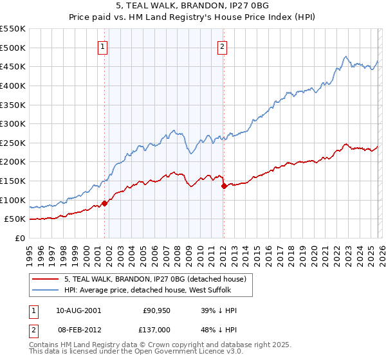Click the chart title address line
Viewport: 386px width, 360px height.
(x=193, y=7)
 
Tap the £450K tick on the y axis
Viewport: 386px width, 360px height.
(x=13, y=66)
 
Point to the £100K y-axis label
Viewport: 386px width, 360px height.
(x=13, y=200)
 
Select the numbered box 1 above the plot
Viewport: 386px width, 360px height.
(x=104, y=46)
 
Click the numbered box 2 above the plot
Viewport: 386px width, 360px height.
(x=222, y=46)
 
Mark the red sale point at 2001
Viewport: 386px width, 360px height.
(x=104, y=203)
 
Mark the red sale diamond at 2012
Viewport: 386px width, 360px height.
(x=224, y=186)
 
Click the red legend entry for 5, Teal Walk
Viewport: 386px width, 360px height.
(x=154, y=279)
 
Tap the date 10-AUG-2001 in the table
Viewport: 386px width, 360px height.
(x=78, y=310)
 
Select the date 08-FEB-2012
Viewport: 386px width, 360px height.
(x=78, y=328)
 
